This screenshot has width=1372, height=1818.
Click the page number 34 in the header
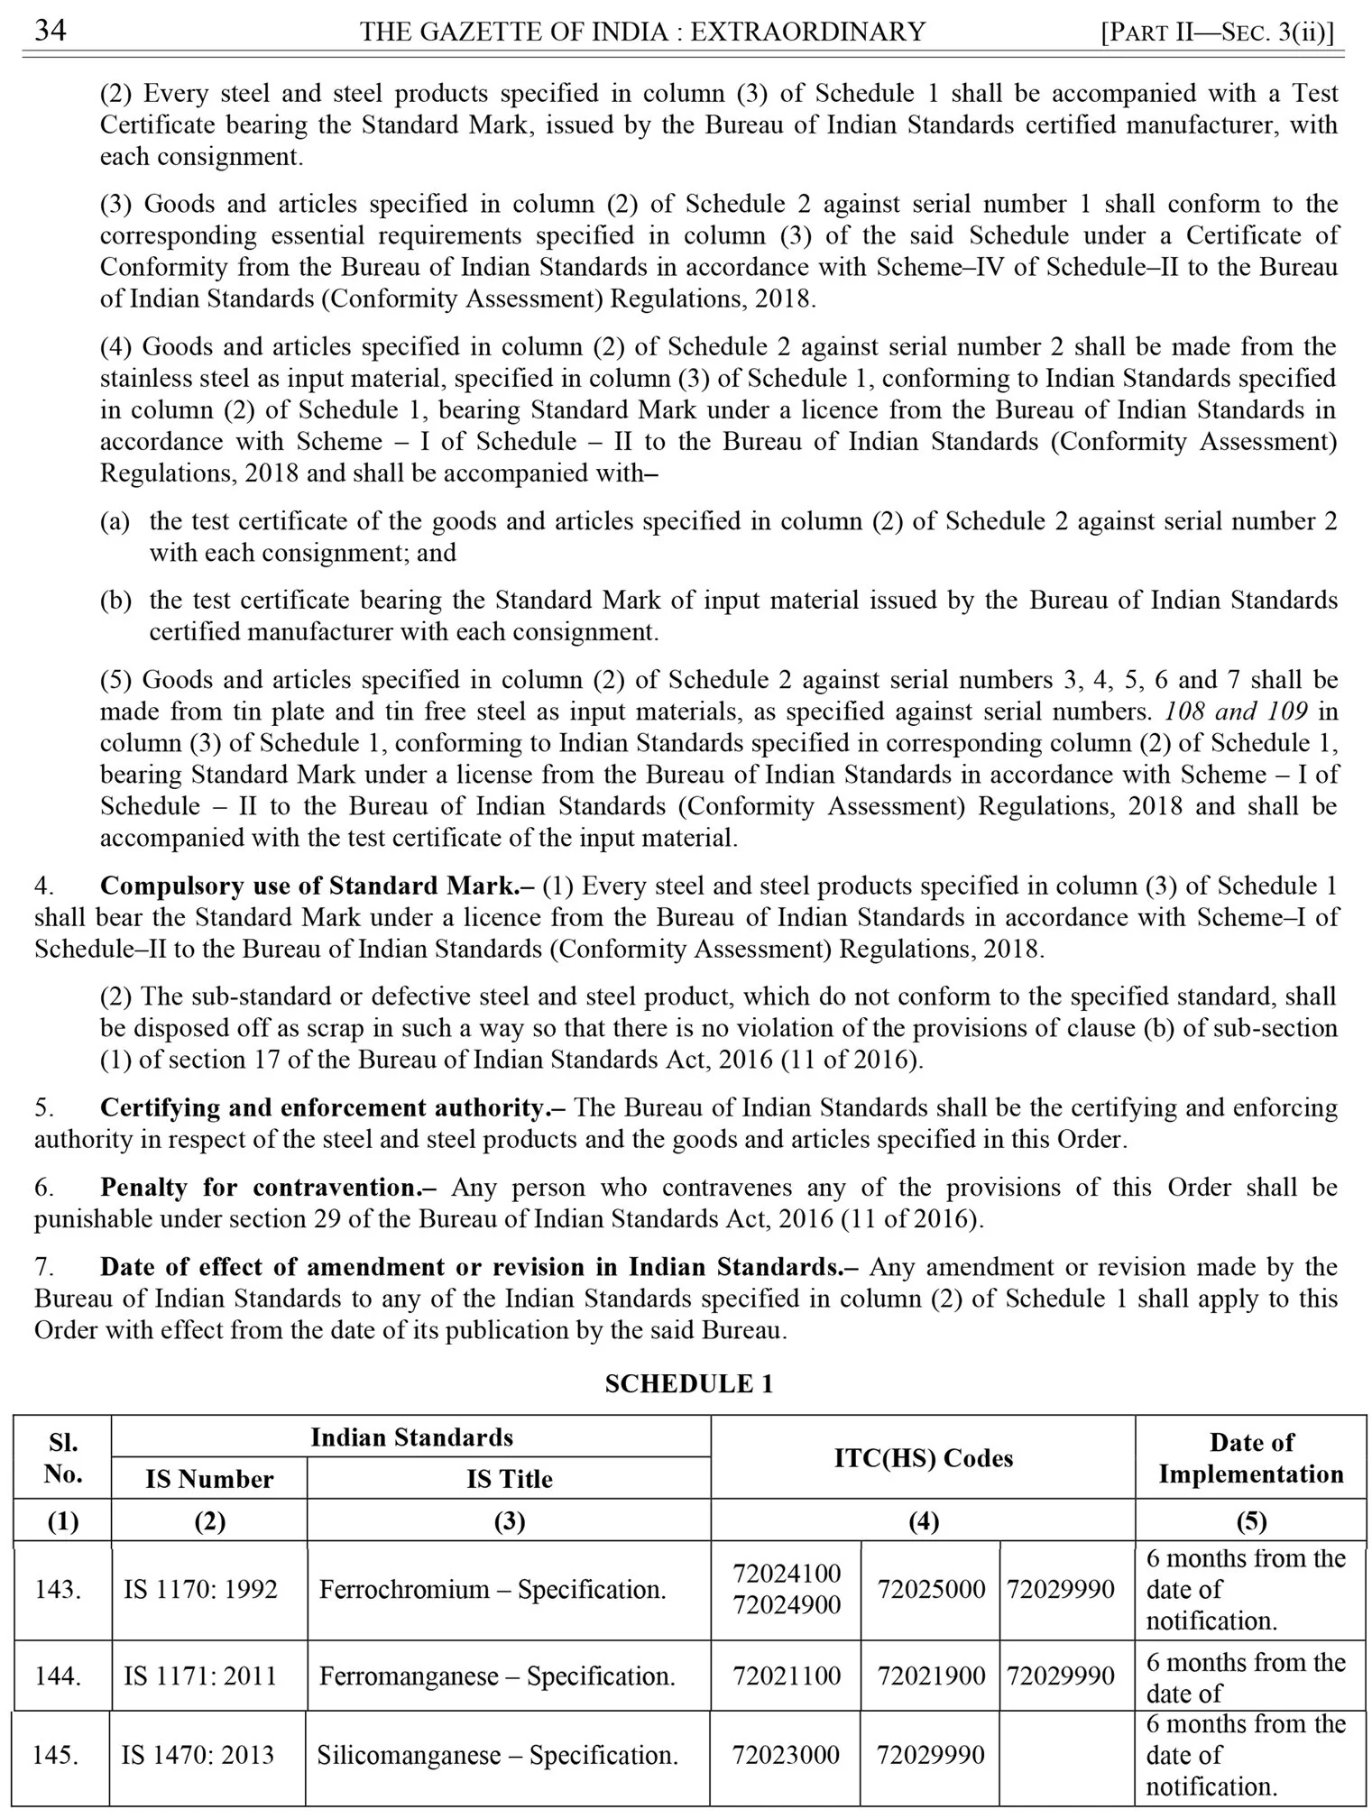pyautogui.click(x=51, y=32)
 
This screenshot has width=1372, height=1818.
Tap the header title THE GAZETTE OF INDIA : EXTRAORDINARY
pyautogui.click(x=643, y=32)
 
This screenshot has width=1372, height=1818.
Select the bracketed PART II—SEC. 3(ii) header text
pyautogui.click(x=1218, y=32)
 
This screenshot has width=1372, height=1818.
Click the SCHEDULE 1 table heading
pyautogui.click(x=688, y=1383)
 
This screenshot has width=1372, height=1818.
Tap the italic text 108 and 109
pyautogui.click(x=1236, y=711)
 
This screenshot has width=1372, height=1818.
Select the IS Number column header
pyautogui.click(x=209, y=1478)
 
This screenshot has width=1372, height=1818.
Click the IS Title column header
pyautogui.click(x=509, y=1478)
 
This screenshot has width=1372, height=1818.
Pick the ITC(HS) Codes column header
pyautogui.click(x=923, y=1457)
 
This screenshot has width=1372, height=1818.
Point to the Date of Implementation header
pyautogui.click(x=1250, y=1457)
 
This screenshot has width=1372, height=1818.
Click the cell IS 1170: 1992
pyautogui.click(x=200, y=1589)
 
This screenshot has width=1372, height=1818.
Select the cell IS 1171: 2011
pyautogui.click(x=200, y=1676)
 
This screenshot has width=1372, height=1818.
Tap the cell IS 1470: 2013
pyautogui.click(x=198, y=1755)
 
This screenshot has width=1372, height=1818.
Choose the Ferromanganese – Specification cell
pyautogui.click(x=497, y=1676)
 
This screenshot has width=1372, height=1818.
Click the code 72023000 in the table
pyautogui.click(x=786, y=1755)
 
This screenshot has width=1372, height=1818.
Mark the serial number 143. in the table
pyautogui.click(x=59, y=1589)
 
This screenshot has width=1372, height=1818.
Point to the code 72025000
pyautogui.click(x=931, y=1589)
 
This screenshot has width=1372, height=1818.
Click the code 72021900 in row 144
pyautogui.click(x=931, y=1676)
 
